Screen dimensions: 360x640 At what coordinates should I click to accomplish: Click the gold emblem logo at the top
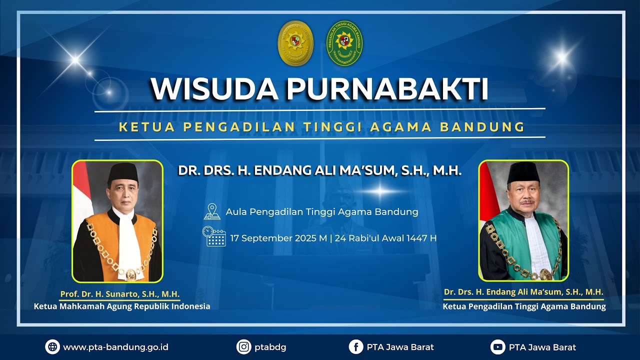pos(295,43)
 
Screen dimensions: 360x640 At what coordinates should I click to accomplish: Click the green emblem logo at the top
pos(344,43)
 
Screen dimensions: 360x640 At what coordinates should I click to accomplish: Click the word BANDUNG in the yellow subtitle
pos(482,127)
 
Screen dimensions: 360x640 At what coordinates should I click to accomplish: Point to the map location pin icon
pos(212,211)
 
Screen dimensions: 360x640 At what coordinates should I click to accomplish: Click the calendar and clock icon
pos(214,236)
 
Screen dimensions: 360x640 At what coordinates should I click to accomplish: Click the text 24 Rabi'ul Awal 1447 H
pos(385,238)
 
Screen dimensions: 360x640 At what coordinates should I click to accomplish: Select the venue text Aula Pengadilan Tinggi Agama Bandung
pos(322,211)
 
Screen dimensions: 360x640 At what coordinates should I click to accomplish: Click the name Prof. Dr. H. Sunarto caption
pos(120,294)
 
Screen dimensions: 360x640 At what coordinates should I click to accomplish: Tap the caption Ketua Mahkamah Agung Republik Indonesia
pos(122,306)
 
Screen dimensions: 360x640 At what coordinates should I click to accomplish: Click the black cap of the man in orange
pos(122,172)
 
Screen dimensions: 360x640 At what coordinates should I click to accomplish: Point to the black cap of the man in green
pos(522,172)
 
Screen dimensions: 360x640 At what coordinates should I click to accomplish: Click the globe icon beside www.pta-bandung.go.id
pos(52,347)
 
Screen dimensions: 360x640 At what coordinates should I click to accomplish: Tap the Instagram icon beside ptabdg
pos(243,347)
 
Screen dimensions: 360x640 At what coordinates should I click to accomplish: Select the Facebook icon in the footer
pos(356,347)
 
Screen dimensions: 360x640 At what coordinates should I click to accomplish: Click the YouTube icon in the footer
pos(497,347)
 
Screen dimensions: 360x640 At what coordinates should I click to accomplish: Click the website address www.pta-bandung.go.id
pos(115,347)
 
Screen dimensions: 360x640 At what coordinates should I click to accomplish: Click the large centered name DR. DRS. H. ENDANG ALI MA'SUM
pos(320,170)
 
